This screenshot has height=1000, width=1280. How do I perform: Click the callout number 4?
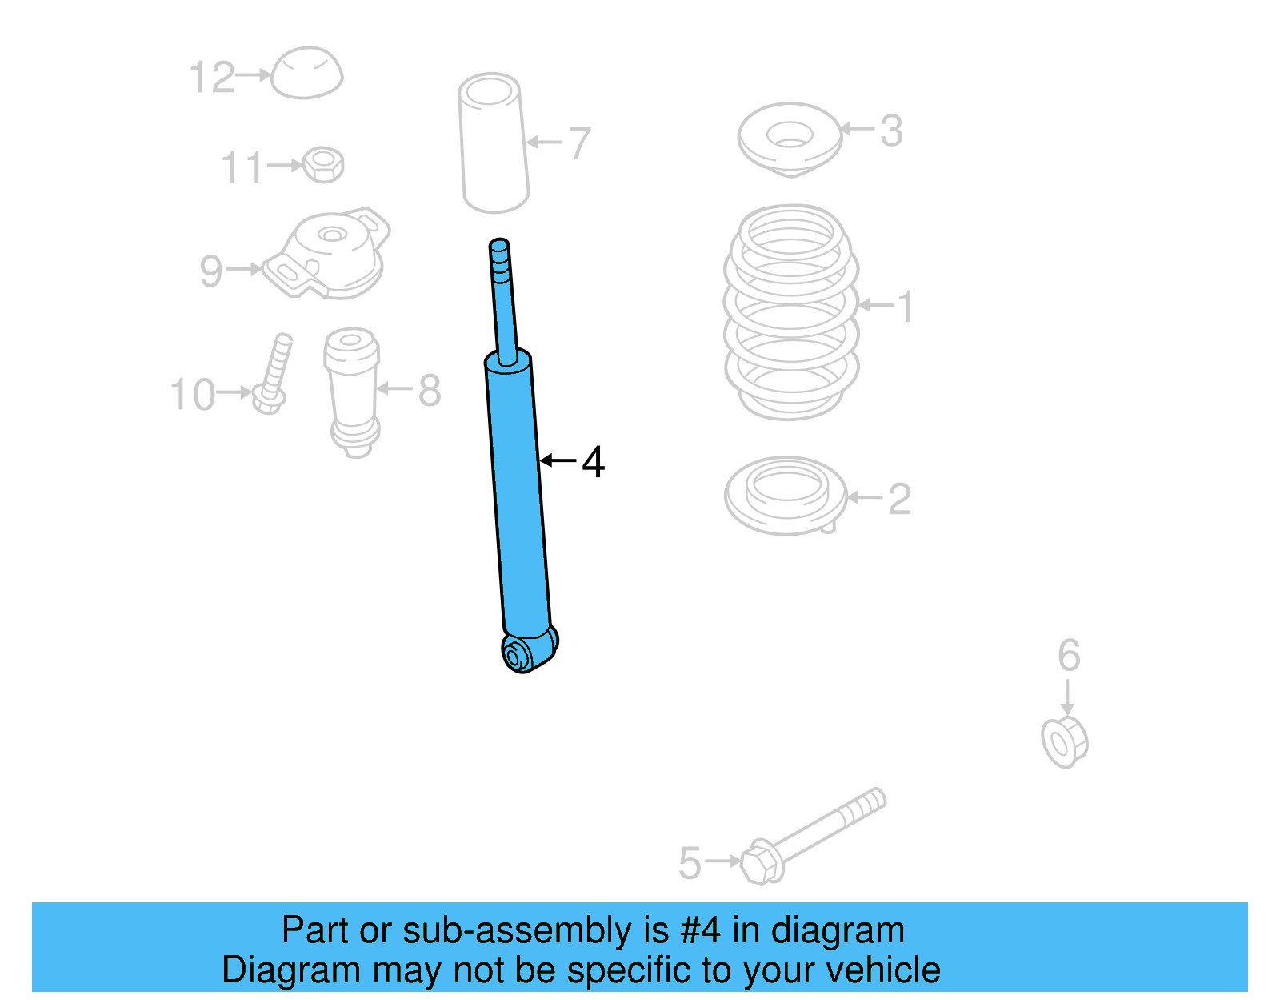[x=593, y=462]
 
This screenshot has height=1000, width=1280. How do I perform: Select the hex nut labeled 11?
[x=324, y=164]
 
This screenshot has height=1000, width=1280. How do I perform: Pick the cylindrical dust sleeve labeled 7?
[x=493, y=144]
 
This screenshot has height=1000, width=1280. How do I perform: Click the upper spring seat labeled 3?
[x=790, y=138]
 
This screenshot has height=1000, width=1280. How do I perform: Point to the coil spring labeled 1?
[x=791, y=312]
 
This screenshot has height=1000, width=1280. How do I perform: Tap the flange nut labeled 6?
[x=1064, y=742]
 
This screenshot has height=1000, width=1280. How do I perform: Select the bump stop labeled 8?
[x=352, y=391]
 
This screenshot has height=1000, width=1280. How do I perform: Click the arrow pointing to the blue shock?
[x=558, y=460]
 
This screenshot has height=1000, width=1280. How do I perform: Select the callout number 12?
[x=211, y=78]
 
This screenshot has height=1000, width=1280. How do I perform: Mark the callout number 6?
[x=1068, y=655]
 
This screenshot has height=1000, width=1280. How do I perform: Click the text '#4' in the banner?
[x=700, y=930]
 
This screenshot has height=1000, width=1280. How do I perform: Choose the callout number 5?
[x=689, y=863]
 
